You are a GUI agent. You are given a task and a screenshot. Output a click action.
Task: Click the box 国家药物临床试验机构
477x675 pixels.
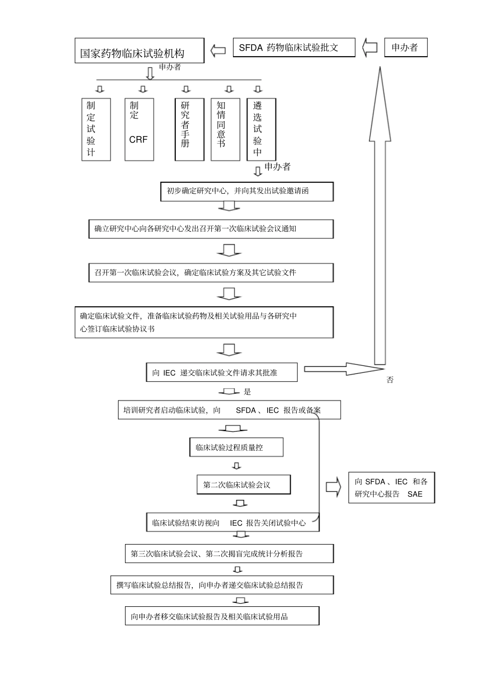point(140,51)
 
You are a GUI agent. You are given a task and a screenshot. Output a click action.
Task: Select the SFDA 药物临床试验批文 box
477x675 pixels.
point(294,48)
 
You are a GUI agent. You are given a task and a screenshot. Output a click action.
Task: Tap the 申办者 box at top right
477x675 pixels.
point(406,48)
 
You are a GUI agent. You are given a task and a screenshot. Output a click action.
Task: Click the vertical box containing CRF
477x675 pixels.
point(139,129)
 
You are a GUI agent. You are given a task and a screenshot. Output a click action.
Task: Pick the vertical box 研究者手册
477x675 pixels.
point(189,129)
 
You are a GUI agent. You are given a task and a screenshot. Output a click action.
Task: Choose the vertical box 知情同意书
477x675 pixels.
point(225,129)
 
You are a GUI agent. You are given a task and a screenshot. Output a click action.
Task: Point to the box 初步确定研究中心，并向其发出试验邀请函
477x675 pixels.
point(247,191)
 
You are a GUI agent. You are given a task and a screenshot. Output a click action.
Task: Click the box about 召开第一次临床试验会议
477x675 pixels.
point(211,273)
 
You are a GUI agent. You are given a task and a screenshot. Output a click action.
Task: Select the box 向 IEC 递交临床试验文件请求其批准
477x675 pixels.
point(221,372)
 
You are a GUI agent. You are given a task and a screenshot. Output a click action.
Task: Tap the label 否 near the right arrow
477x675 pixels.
point(390,380)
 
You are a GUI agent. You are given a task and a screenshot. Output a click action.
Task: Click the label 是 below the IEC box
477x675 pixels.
point(247,391)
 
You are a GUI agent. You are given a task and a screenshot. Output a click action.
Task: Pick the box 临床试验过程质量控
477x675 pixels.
point(236,447)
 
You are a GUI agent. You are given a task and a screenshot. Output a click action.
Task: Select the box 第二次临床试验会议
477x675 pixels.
point(244,484)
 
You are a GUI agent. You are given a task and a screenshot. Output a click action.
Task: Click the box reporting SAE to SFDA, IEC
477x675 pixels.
point(392,487)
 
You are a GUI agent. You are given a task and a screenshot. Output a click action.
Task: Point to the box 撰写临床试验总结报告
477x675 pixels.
point(222,585)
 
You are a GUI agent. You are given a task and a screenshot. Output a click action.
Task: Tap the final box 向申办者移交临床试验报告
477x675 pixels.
point(222,616)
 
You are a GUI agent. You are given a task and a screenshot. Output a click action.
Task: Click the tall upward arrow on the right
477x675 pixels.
point(380,216)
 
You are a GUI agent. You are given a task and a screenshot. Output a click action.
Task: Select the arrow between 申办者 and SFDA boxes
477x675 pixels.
point(370,48)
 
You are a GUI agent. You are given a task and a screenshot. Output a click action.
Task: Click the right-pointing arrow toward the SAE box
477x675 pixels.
point(333,487)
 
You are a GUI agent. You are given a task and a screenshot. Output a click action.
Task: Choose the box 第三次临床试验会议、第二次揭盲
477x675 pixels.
point(229,554)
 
